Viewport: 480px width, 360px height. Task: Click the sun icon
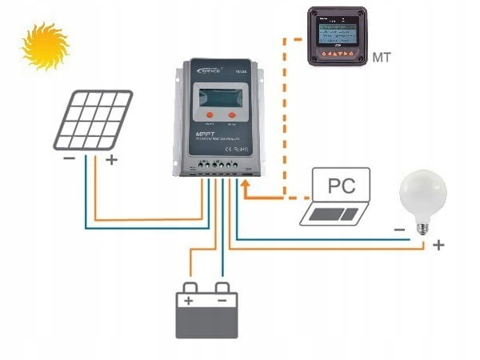[x=46, y=46]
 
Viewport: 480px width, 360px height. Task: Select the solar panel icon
[x=93, y=120]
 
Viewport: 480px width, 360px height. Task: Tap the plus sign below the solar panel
[x=111, y=159]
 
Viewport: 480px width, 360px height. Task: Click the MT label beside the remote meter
[x=382, y=57]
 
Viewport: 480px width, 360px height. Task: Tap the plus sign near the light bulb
[x=438, y=245]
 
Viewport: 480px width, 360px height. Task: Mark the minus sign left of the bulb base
[x=398, y=230]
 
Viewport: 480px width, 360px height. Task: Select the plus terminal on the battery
[x=189, y=302]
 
